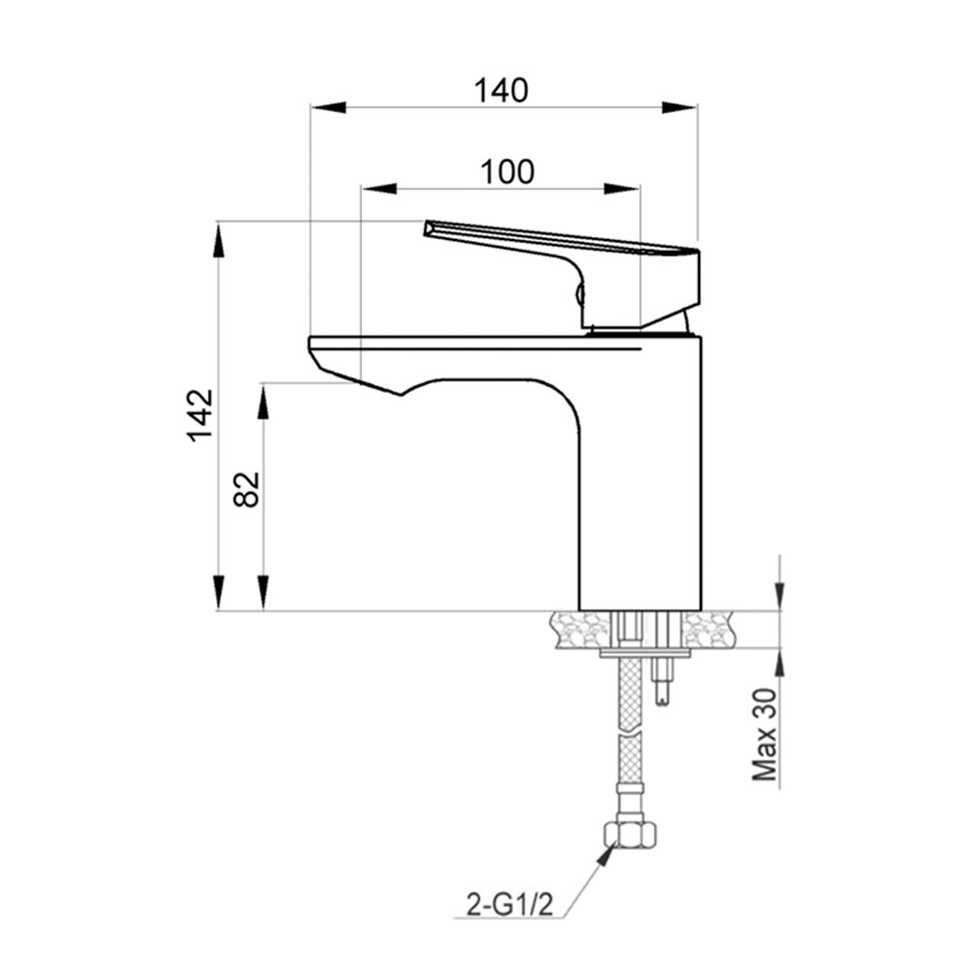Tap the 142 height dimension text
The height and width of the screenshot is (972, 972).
point(200,415)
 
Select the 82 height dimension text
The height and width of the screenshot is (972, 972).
point(247,489)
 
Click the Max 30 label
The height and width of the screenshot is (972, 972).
point(767,736)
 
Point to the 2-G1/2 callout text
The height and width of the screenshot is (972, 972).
point(509,906)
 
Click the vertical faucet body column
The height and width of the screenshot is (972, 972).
point(640,486)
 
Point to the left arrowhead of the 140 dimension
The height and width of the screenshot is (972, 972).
point(325,107)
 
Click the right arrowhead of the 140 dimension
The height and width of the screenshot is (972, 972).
point(682,107)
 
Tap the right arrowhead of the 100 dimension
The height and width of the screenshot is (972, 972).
point(625,189)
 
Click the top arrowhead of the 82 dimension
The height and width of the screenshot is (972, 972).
point(262,399)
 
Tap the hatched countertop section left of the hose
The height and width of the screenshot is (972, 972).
point(581,630)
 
